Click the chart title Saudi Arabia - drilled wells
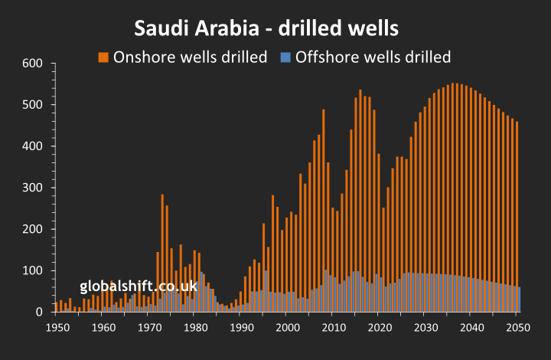tap(266, 28)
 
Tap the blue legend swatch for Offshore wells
tap(286, 57)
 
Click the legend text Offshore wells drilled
tap(373, 57)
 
